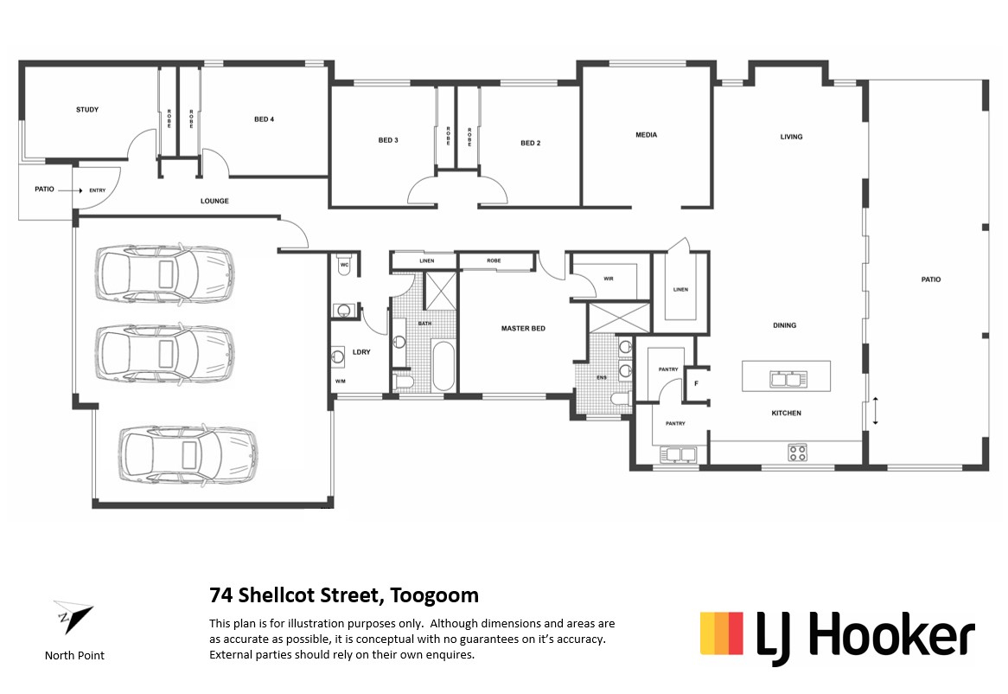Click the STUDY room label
[87, 109]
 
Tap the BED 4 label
[265, 119]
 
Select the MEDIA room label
[646, 135]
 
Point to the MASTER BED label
[523, 329]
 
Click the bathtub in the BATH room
[443, 366]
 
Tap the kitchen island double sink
[788, 379]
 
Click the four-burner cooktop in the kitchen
[798, 453]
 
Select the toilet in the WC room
[344, 267]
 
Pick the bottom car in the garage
[188, 454]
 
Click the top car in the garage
[164, 273]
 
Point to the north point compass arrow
[73, 615]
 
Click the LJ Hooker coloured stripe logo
[721, 633]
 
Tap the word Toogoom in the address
[435, 595]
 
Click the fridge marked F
[696, 384]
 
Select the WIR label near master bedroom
[608, 279]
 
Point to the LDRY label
[361, 352]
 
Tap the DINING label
[784, 325]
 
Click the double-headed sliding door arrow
[875, 411]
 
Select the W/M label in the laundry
[340, 382]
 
